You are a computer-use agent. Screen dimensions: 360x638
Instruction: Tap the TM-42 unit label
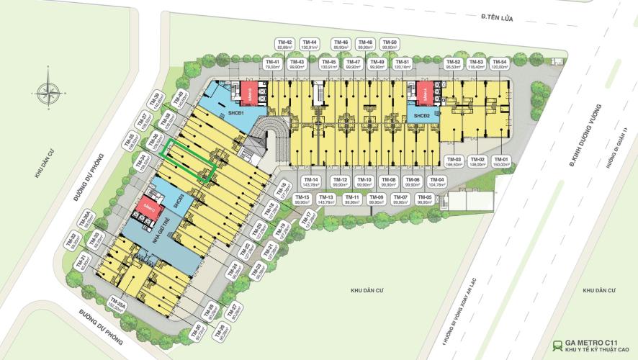284,45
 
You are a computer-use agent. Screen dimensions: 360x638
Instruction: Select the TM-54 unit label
499,66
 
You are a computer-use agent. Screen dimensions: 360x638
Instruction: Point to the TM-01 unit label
502,162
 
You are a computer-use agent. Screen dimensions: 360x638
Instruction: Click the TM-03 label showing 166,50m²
454,162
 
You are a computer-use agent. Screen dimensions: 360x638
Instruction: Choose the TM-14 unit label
310,182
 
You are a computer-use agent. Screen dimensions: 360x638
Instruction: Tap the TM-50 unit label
390,45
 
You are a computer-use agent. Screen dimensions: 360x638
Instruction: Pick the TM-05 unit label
424,200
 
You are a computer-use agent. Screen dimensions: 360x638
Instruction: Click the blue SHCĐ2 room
421,115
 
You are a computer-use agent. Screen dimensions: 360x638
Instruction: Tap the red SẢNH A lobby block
423,92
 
